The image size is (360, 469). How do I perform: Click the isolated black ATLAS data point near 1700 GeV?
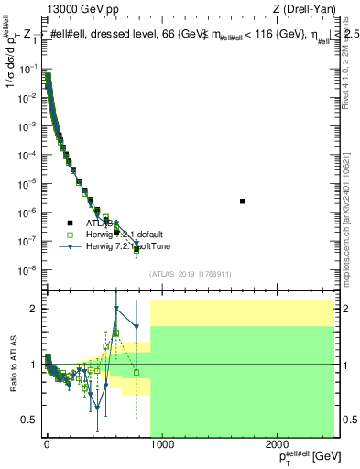[243, 201]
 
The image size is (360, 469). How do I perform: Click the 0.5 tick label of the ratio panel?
[30, 420]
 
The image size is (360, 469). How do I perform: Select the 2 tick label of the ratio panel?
[34, 309]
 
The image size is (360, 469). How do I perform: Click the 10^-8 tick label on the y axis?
[27, 269]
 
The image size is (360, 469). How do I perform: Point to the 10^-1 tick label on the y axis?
[27, 68]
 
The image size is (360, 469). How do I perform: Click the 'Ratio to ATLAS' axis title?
[12, 365]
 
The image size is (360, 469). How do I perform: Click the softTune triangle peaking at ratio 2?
[116, 309]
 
